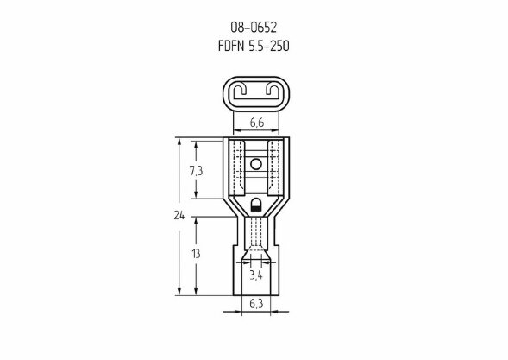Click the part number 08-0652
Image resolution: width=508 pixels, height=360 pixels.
click(254, 28)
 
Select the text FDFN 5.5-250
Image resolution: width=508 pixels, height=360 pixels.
click(254, 46)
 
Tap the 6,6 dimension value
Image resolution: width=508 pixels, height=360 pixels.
click(257, 123)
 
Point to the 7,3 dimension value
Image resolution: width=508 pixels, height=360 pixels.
click(196, 171)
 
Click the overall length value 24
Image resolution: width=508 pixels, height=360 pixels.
click(179, 215)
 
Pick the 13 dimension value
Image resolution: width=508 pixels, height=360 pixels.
click(196, 254)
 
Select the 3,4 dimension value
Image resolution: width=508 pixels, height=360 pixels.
click(256, 275)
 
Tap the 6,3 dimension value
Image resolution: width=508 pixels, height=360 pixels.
click(256, 304)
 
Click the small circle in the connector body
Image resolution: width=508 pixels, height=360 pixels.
click(256, 164)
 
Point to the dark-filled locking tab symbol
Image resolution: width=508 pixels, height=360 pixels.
click(256, 205)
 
